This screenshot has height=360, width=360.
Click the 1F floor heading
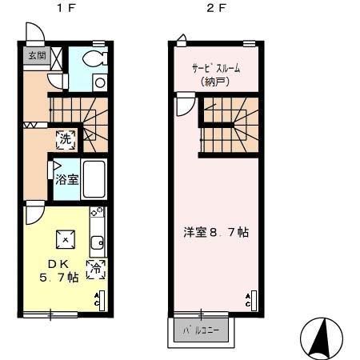click(62, 9)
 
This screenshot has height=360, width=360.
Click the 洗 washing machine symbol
click(66, 138)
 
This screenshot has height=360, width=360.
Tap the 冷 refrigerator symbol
click(96, 270)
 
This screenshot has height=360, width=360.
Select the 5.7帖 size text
click(60, 278)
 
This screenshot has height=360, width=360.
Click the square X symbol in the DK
click(64, 238)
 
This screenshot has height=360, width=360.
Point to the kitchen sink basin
click(97, 243)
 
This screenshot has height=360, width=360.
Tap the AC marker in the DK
click(98, 300)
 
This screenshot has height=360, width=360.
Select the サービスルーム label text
click(214, 68)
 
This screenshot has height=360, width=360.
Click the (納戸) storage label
click(214, 81)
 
